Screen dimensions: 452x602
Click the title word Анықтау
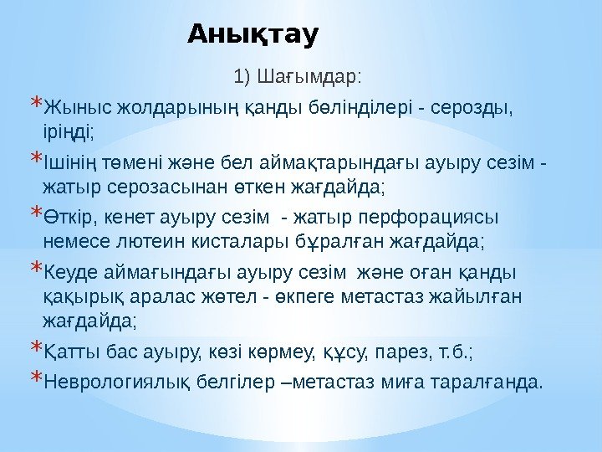253,35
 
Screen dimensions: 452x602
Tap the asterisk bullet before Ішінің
34,157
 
